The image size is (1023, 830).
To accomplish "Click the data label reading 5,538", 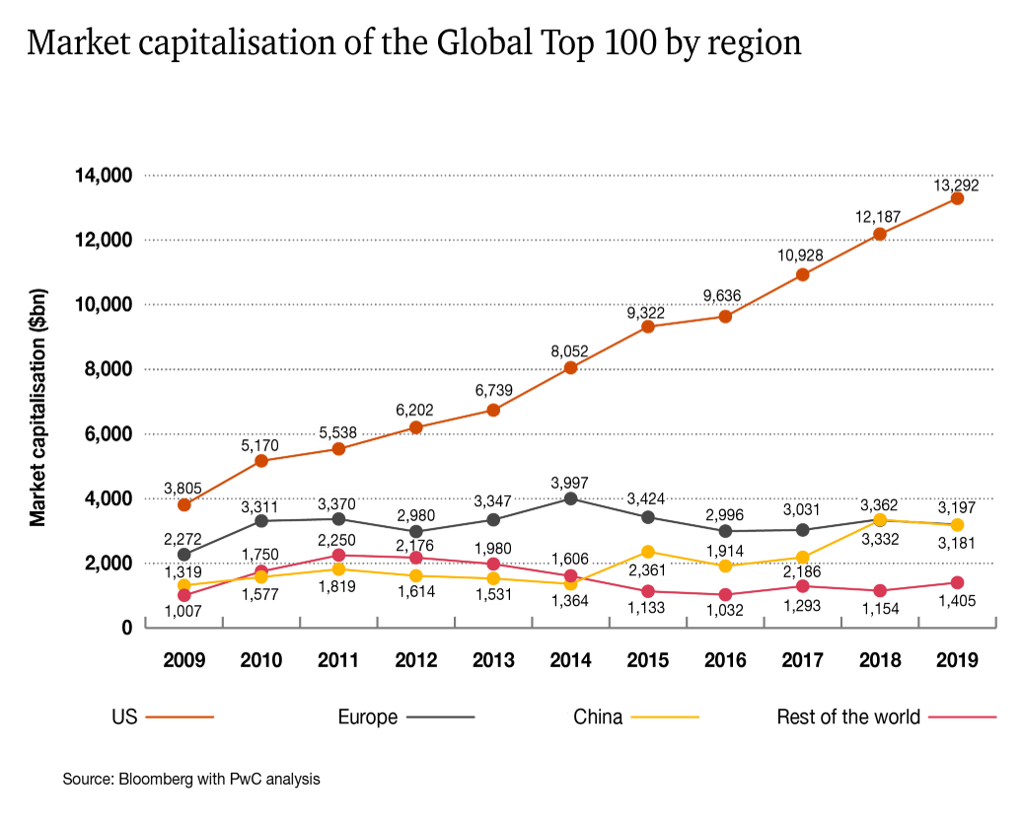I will pos(338,433).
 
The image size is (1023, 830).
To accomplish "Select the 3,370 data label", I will pos(336,504).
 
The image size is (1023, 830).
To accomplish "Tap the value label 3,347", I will pos(492,501).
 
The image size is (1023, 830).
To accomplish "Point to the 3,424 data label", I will pos(646,498).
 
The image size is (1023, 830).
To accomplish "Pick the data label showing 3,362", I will pos(878,505).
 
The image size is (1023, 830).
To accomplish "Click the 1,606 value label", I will pos(569,560).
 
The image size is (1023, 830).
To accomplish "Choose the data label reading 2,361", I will pos(648,570).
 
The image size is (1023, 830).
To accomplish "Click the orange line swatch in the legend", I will pos(180,717).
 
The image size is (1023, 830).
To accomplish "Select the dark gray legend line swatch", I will pos(440,717).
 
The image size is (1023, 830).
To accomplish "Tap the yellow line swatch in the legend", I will pos(665,717).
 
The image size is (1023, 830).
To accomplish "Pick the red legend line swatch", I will pos(962,717).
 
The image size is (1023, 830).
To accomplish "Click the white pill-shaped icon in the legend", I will pos(568,717).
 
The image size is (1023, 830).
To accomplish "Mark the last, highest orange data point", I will pos(957,198).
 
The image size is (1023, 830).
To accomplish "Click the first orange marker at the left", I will pos(184,505).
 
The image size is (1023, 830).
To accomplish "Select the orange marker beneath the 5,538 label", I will pos(338,450).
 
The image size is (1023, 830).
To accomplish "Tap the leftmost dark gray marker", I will pos(184,555).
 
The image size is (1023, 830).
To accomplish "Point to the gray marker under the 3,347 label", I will pos(493,520).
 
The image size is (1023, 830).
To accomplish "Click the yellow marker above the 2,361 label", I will pos(648,552).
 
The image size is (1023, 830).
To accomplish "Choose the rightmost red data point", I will pos(957,583).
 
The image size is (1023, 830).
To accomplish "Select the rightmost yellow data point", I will pos(957,525).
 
